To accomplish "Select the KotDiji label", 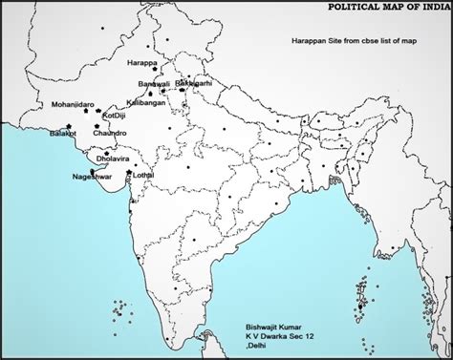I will tap(113, 116).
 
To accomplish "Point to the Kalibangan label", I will tap(146, 102).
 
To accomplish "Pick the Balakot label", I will tap(63, 135).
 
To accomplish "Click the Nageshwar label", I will tap(93, 178).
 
